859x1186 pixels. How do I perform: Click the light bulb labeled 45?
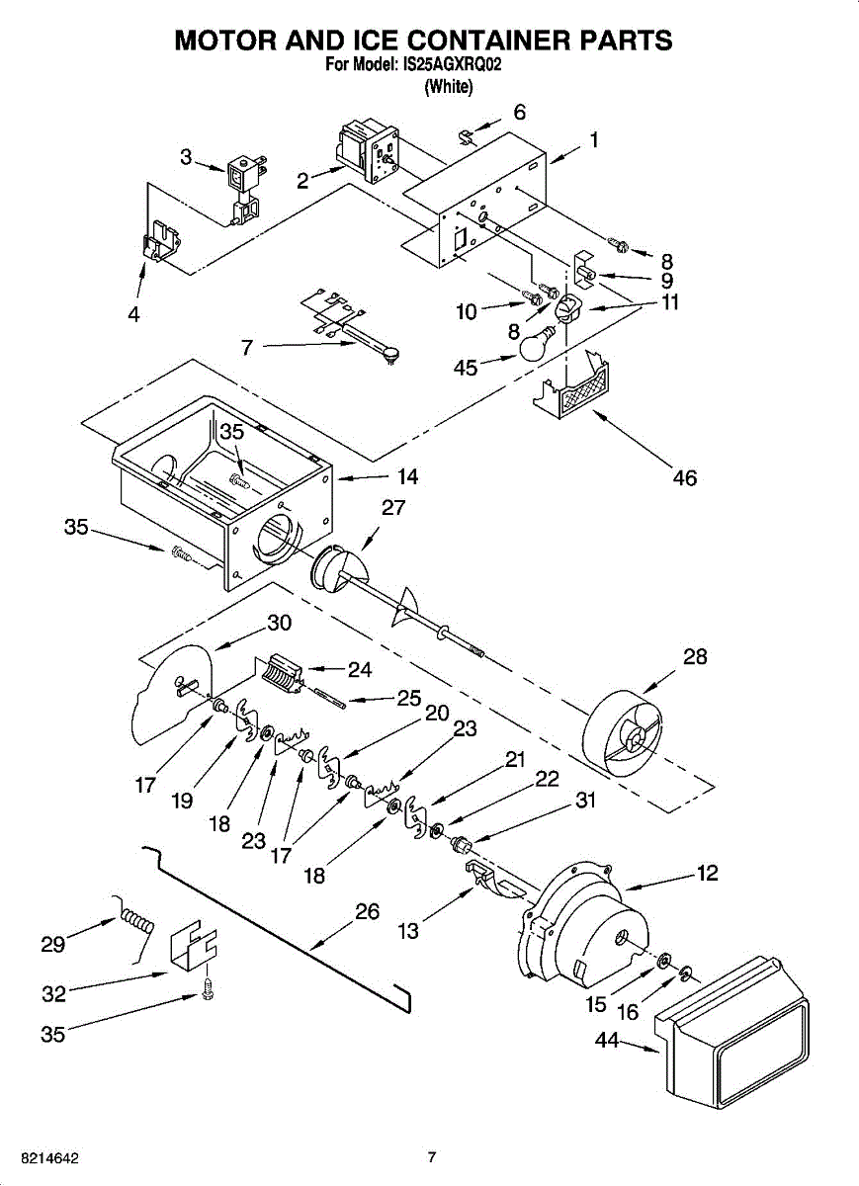[534, 346]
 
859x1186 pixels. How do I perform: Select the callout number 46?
[684, 478]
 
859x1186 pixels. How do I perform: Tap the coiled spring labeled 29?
[137, 923]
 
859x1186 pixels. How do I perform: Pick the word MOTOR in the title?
[229, 41]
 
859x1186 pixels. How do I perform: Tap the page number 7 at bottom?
[431, 1157]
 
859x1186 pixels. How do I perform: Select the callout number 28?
[695, 656]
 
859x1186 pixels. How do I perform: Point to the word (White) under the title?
[449, 87]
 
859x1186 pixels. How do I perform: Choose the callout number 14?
[407, 477]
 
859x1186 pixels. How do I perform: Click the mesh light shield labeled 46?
[579, 386]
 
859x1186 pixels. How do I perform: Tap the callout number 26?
[367, 912]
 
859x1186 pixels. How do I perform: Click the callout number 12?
[707, 874]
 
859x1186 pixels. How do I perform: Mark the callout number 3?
[186, 155]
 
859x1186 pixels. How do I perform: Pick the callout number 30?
[279, 624]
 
